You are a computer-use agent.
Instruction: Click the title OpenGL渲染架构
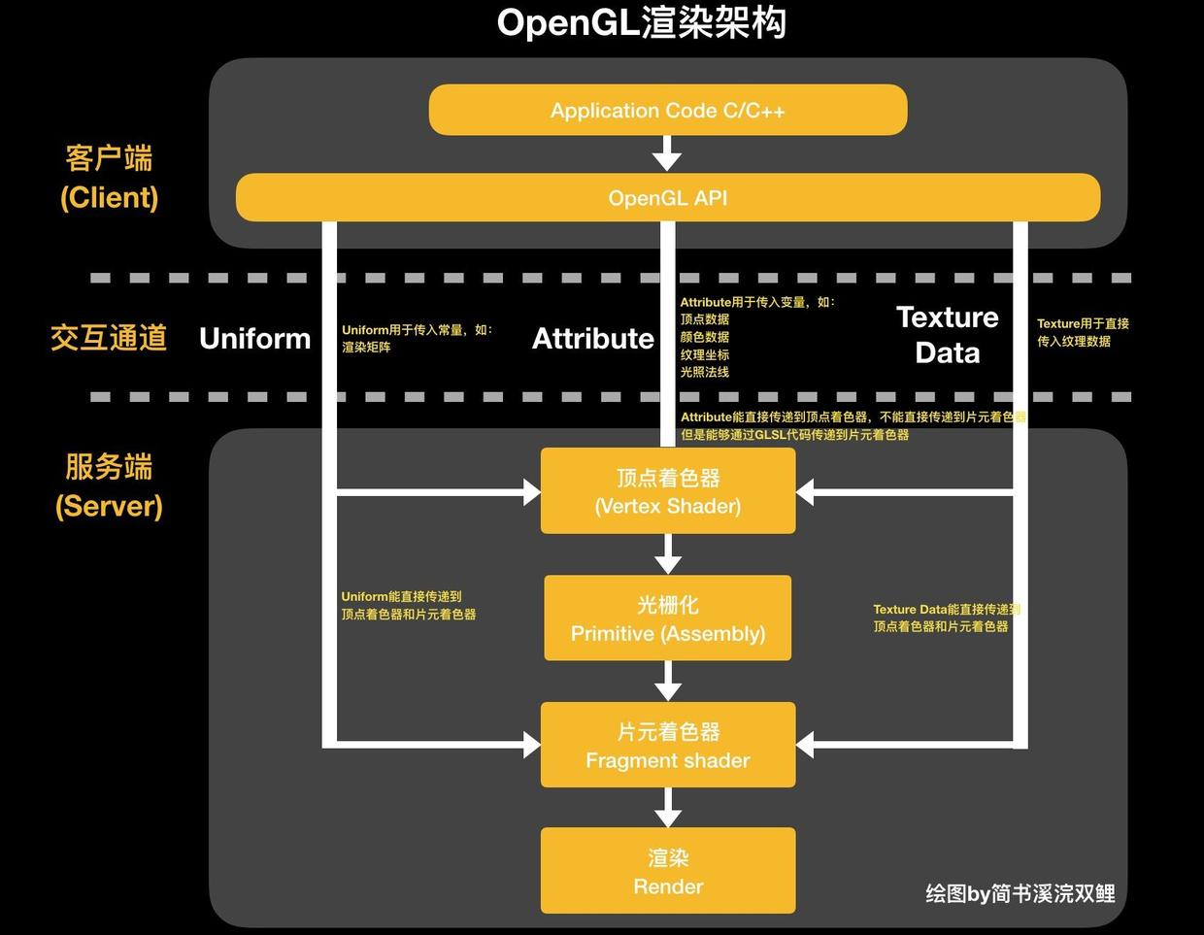pyautogui.click(x=641, y=23)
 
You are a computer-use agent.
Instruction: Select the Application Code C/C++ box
pyautogui.click(x=668, y=110)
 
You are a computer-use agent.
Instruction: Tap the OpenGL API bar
pyautogui.click(x=668, y=198)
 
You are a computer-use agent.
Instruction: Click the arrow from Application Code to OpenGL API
pyautogui.click(x=667, y=153)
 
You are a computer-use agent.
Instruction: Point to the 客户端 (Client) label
pyautogui.click(x=110, y=178)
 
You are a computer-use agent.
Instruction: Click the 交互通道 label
pyautogui.click(x=109, y=338)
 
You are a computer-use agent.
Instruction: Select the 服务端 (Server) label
pyautogui.click(x=109, y=485)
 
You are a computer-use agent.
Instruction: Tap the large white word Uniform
pyautogui.click(x=254, y=338)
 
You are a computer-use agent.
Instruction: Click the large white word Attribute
pyautogui.click(x=593, y=338)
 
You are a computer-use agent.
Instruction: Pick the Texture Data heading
pyautogui.click(x=947, y=335)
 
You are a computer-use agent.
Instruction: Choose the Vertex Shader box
pyautogui.click(x=668, y=491)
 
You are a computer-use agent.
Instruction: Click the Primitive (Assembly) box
pyautogui.click(x=668, y=618)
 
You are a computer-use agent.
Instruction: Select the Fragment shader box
pyautogui.click(x=668, y=746)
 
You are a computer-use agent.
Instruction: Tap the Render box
pyautogui.click(x=668, y=871)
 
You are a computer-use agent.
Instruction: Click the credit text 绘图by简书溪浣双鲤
pyautogui.click(x=1020, y=893)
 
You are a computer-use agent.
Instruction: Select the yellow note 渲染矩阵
pyautogui.click(x=366, y=348)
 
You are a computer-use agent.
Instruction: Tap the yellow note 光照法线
pyautogui.click(x=704, y=372)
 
